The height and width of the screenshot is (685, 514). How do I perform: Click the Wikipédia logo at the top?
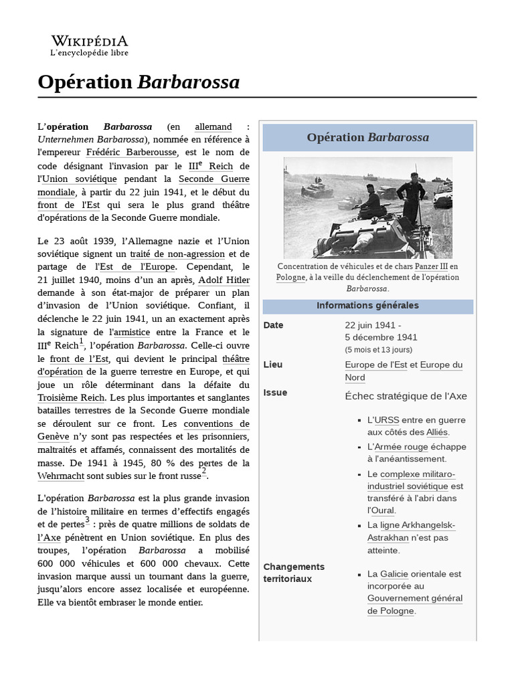[90, 45]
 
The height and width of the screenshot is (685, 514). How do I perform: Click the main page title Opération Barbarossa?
[139, 82]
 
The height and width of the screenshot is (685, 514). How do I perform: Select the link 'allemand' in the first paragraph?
[213, 126]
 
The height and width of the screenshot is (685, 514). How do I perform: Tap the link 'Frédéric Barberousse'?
[132, 153]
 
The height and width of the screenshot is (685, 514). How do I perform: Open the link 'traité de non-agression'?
[179, 254]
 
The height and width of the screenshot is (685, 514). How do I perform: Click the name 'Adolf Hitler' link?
[224, 280]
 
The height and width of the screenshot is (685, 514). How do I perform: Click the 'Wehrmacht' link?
[60, 476]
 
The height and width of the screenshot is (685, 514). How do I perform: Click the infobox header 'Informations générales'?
[367, 306]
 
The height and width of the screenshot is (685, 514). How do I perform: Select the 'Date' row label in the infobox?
[274, 325]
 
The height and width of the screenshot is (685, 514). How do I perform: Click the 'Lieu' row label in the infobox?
[273, 365]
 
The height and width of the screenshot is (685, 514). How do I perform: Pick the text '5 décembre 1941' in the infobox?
[381, 337]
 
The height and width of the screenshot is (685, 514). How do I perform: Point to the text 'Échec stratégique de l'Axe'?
[406, 396]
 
